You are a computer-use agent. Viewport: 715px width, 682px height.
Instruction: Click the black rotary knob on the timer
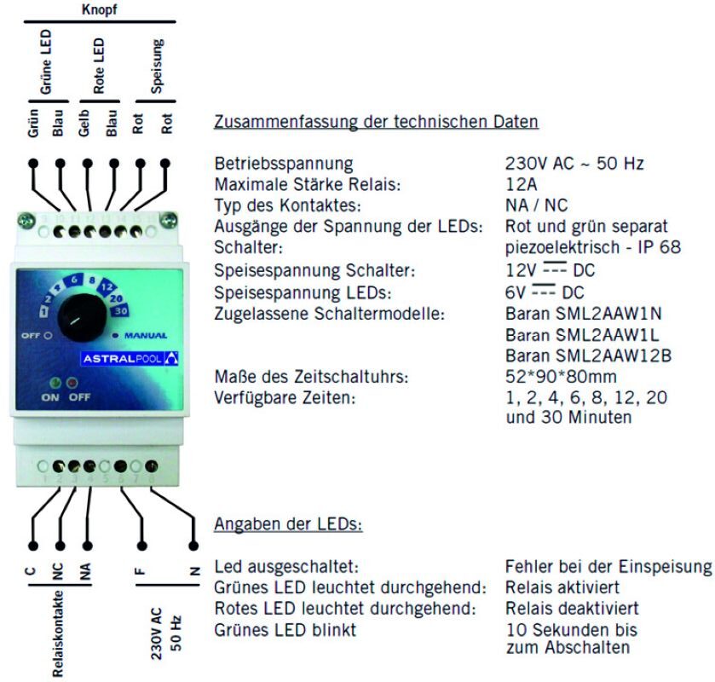coord(82,317)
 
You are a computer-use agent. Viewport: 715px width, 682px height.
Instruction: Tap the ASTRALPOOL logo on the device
coord(130,359)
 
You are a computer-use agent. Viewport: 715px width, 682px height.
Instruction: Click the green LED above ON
coord(55,382)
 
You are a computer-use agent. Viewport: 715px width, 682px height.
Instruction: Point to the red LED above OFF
coord(72,382)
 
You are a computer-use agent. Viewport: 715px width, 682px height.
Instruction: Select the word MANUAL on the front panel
coord(146,335)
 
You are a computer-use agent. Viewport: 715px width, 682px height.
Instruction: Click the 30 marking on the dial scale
coord(120,311)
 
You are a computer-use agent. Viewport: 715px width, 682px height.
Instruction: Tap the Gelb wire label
coord(84,123)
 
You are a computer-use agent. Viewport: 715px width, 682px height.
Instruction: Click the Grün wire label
coord(33,123)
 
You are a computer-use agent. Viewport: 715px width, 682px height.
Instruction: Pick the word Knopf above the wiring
coord(99,9)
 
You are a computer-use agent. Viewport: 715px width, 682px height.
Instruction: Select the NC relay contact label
coord(58,572)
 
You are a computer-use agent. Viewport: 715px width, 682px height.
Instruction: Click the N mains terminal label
coord(194,570)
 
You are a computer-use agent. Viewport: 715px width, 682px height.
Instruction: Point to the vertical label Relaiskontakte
coord(58,633)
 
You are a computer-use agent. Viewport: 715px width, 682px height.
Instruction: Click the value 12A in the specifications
coord(522,184)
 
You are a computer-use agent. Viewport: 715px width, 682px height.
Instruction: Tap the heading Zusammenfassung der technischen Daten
coord(376,122)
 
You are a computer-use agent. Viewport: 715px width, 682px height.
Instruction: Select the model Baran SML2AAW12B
coord(588,355)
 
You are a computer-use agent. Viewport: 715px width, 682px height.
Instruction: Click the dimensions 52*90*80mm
coord(561,377)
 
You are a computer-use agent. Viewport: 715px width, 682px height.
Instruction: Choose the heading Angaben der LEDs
coord(288,524)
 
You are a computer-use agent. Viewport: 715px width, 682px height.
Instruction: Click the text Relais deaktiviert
coord(572,608)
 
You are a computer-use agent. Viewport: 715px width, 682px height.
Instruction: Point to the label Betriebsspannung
coord(284,164)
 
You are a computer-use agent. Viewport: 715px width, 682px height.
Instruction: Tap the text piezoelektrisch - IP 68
coord(593,247)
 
